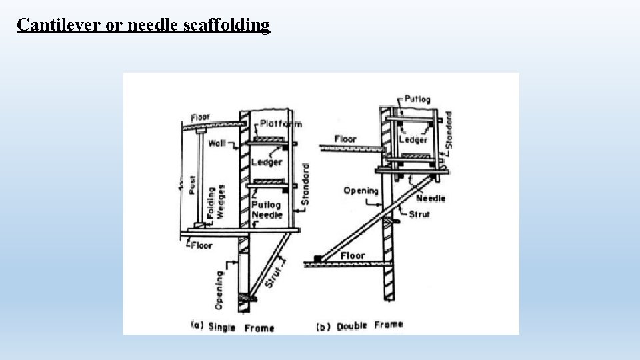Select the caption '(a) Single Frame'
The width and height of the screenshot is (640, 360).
pyautogui.click(x=232, y=326)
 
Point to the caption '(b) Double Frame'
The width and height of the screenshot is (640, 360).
pyautogui.click(x=359, y=325)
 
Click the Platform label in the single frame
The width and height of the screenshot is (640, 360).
pyautogui.click(x=280, y=123)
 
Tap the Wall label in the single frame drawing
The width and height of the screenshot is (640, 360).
pyautogui.click(x=217, y=143)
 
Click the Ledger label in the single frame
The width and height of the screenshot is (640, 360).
pyautogui.click(x=267, y=162)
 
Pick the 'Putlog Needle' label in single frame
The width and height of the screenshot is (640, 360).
pyautogui.click(x=267, y=210)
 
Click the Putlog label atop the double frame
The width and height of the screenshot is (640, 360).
pyautogui.click(x=417, y=99)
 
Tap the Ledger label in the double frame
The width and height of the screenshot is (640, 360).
pyautogui.click(x=413, y=139)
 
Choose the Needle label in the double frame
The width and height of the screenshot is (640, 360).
pyautogui.click(x=431, y=198)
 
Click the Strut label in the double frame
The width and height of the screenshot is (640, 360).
pyautogui.click(x=419, y=214)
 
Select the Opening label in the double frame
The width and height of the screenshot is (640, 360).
pyautogui.click(x=361, y=191)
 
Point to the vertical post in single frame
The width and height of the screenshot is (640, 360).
pyautogui.click(x=199, y=177)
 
